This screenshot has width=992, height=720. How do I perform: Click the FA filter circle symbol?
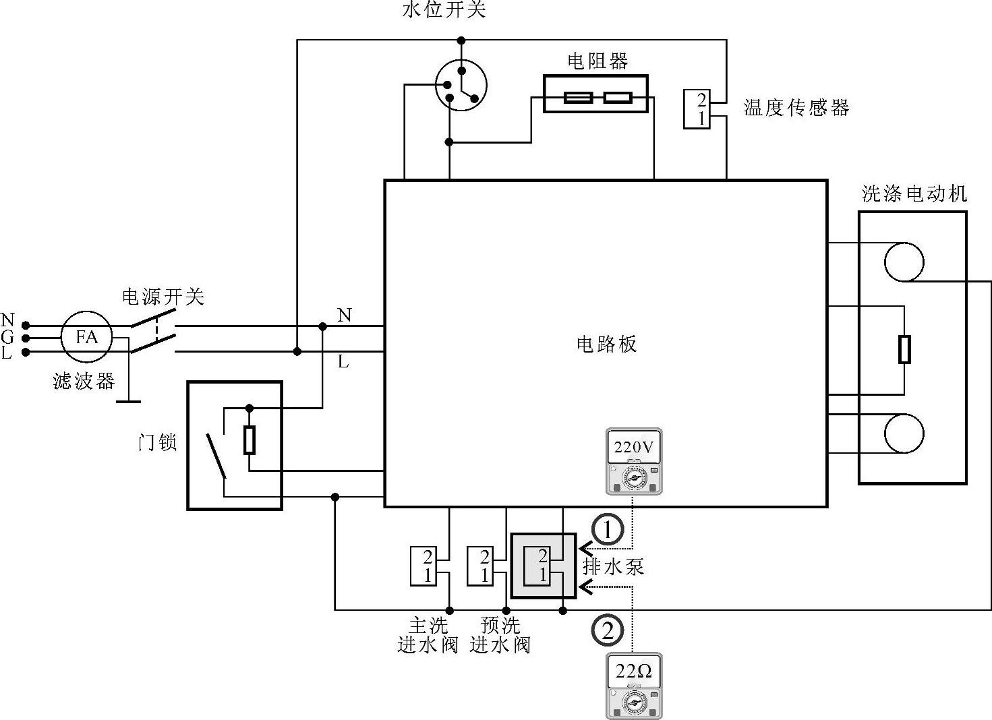coord(86,336)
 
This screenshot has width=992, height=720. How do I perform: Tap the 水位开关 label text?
coord(443,9)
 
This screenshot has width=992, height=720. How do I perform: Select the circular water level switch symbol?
coord(461,85)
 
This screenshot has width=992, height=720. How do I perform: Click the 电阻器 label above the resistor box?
coord(597,61)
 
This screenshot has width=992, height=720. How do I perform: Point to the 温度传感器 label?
coord(796,108)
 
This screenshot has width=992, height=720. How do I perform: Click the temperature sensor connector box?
coord(697,109)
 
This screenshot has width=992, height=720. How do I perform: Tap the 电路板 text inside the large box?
coord(606,344)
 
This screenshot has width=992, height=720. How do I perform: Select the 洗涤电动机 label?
coord(914,194)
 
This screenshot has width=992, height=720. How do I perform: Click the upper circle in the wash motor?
coord(904,262)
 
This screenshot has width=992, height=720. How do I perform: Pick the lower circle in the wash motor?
coord(904,434)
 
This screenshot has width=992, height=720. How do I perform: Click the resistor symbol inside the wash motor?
coord(904,349)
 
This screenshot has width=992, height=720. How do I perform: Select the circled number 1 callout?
coord(608,531)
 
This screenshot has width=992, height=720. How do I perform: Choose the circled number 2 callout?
coord(607,631)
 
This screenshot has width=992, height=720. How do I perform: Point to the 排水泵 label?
coord(613,566)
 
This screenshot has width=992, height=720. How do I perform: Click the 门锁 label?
coord(157,443)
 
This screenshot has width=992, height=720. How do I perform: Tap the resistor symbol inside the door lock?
coord(250,440)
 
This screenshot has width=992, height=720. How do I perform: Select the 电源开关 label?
coord(163,297)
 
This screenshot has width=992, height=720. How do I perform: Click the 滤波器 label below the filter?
coord(84,382)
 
